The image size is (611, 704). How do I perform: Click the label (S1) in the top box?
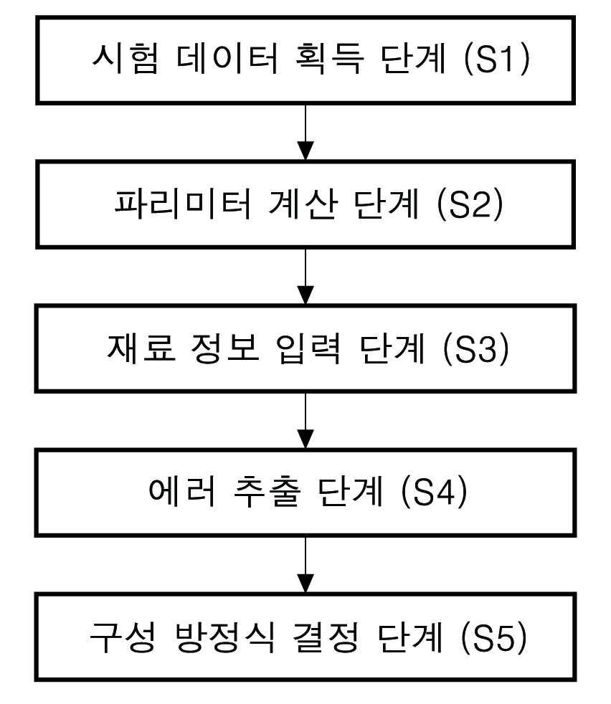tap(496, 59)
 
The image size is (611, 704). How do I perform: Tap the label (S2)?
tap(470, 204)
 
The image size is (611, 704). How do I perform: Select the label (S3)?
tap(476, 348)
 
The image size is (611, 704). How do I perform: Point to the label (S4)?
tap(434, 493)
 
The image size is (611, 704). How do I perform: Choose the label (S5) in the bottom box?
tap(493, 637)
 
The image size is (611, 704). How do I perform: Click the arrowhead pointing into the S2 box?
tap(305, 151)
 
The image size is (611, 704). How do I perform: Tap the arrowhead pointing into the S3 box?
tap(305, 295)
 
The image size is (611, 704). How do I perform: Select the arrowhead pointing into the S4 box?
tap(305, 439)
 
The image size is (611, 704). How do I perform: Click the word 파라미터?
tap(183, 204)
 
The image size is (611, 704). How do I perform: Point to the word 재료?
tap(141, 348)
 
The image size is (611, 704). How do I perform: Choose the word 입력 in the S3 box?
tap(309, 348)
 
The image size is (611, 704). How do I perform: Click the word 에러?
tap(182, 492)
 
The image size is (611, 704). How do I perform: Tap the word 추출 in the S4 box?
tap(267, 493)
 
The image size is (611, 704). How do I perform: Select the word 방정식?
tap(224, 637)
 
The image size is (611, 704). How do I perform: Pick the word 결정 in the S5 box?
tap(326, 637)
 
